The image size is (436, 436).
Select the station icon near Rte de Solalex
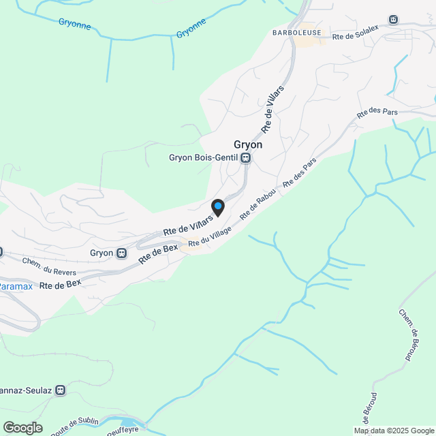393,20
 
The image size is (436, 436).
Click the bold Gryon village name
248,144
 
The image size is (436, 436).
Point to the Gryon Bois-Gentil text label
204,158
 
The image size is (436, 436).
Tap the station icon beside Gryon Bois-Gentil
245,158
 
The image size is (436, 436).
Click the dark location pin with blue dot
217,207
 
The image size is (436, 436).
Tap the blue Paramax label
15,287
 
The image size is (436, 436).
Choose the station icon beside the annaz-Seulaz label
61,390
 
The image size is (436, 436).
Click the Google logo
22,427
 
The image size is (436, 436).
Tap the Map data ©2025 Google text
393,431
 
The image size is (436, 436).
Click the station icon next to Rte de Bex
122,253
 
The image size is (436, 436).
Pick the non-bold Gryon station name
102,253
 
